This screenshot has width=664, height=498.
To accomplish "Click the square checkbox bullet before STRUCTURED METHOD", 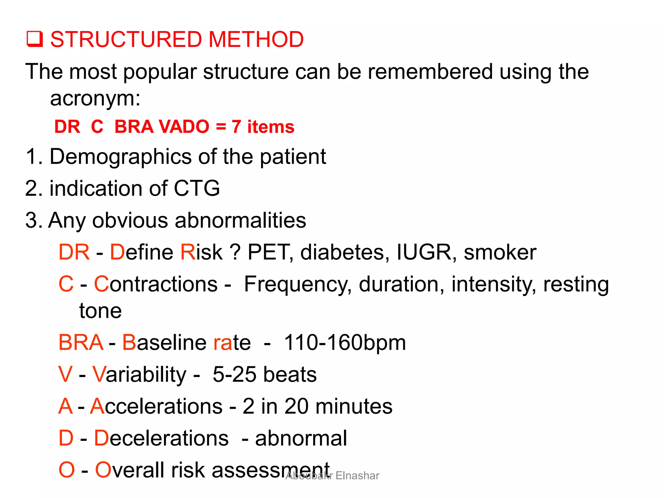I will pos(34,39).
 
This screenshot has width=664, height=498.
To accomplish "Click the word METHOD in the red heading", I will pos(256,39).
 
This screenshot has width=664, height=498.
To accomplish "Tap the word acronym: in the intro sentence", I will pos(95,98).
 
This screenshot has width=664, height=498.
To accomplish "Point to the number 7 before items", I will pos(236,126).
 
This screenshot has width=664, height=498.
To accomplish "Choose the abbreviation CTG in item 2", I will pos(197,188).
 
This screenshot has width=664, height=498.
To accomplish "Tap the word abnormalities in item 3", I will pos(240,220).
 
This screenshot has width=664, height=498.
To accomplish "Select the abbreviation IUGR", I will pos(424,252).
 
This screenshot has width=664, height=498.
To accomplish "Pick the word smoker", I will pos(500,252).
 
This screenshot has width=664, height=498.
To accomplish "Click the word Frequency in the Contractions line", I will pos(298,284).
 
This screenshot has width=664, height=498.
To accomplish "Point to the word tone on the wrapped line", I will pos(101,311).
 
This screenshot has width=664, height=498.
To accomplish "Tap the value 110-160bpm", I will pos(345,342).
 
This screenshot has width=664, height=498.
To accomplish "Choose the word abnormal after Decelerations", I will pos(301,438).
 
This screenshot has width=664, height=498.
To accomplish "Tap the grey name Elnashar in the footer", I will pos(357,476).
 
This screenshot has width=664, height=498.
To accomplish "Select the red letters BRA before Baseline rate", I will pos(81,342).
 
